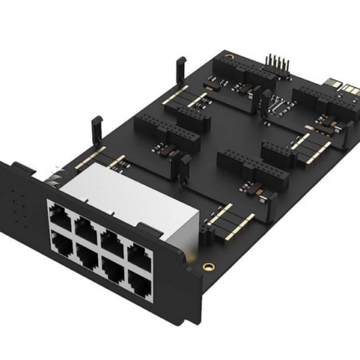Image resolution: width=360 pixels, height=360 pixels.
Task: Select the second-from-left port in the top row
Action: (86, 224)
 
